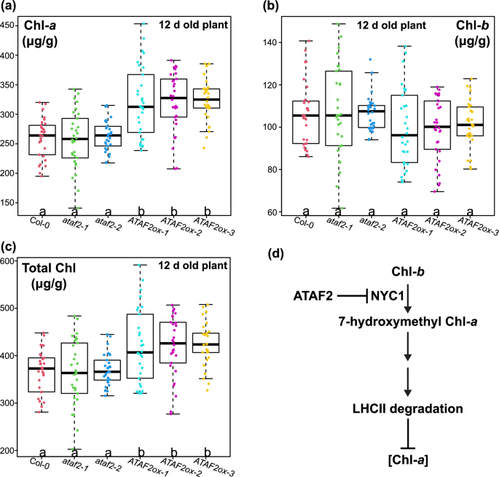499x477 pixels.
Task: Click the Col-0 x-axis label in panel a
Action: tap(41, 219)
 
